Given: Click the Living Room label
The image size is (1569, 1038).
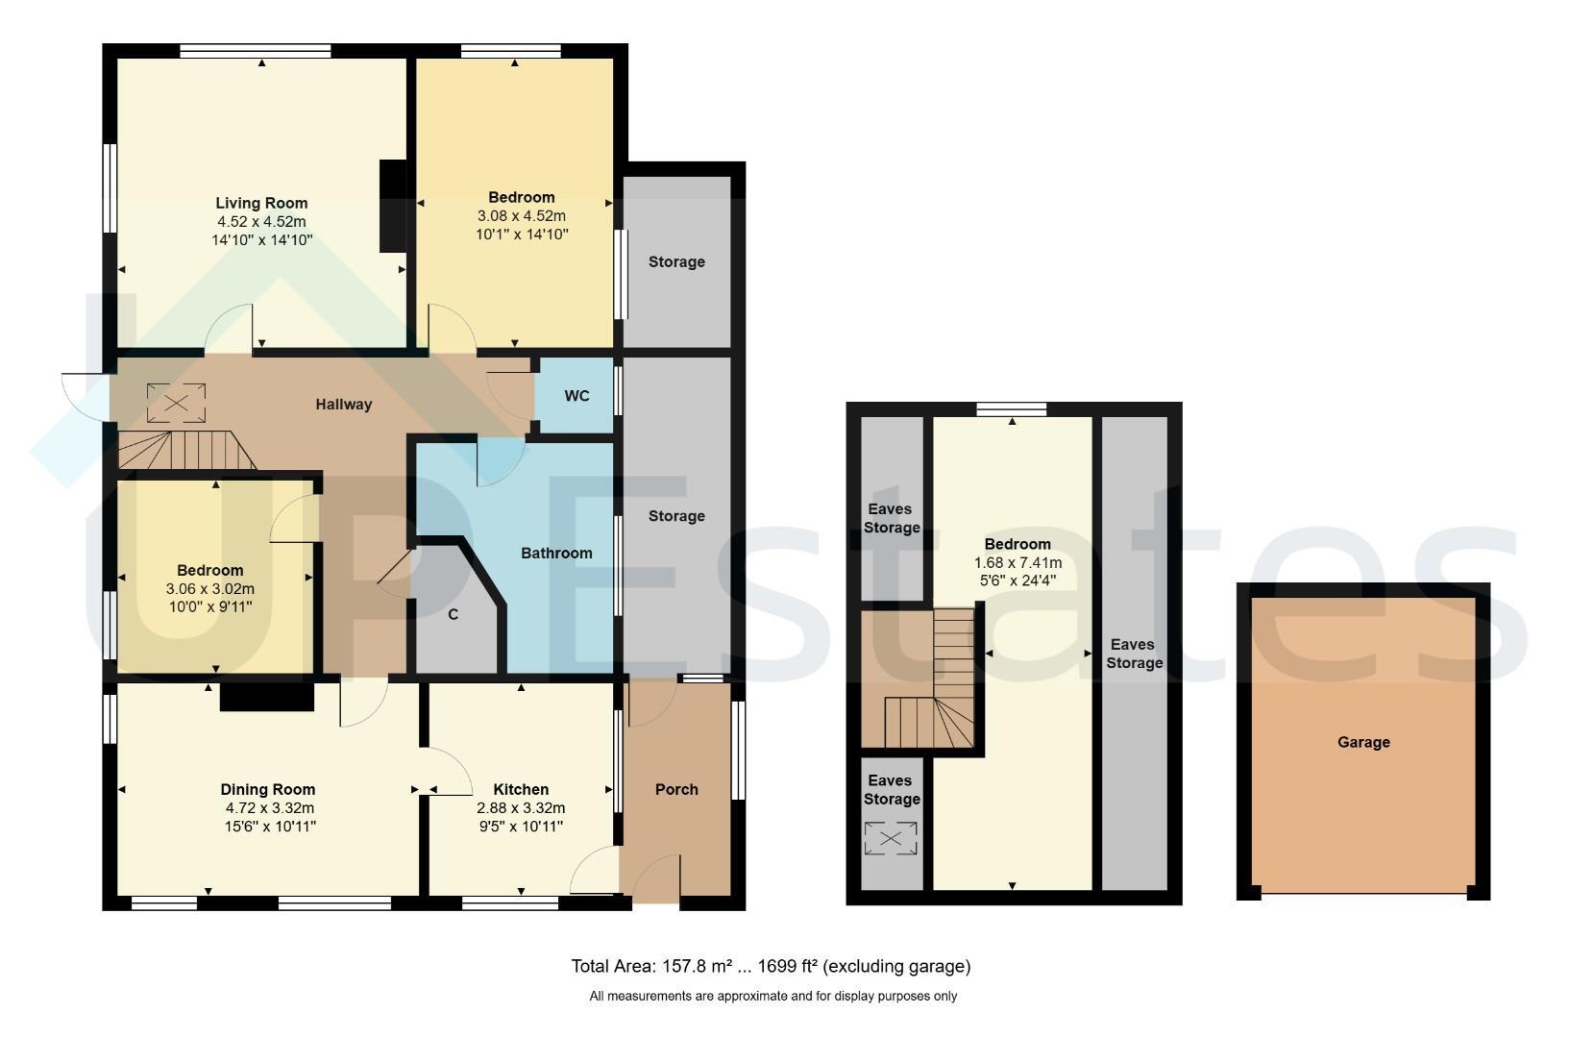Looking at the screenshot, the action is click(x=261, y=203).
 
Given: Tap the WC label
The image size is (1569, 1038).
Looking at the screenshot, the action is click(x=576, y=396).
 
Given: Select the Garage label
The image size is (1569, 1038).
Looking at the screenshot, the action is click(x=1363, y=742).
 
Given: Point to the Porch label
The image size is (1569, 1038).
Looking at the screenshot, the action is click(x=676, y=789).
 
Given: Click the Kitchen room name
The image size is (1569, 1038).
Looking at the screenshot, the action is click(x=521, y=789).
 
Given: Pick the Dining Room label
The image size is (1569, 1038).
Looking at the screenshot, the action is click(x=267, y=789).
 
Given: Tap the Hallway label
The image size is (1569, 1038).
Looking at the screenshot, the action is click(x=343, y=405).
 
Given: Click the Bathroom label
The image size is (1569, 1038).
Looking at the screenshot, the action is click(x=556, y=553).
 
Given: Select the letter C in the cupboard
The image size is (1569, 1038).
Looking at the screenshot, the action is click(x=454, y=615).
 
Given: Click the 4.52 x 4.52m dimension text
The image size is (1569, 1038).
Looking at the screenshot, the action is click(x=261, y=221).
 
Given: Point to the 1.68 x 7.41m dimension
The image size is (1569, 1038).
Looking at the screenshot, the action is click(x=1017, y=563).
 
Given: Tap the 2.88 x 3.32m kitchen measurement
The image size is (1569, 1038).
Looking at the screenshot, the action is click(x=521, y=808).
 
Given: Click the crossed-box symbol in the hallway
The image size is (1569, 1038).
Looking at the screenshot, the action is click(x=176, y=403).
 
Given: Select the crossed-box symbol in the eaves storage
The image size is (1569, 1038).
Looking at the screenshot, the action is click(x=891, y=838).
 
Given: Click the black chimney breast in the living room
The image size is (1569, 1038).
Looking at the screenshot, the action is click(x=393, y=206).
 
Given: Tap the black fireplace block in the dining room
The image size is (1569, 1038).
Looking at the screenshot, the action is click(x=266, y=697).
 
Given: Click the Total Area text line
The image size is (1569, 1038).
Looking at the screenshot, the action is click(x=772, y=967).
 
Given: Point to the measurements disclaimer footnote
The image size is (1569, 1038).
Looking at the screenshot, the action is click(x=773, y=996).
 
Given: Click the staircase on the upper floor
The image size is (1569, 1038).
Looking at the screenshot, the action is click(x=930, y=679).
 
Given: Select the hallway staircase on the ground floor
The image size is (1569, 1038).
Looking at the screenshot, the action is click(x=186, y=450).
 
